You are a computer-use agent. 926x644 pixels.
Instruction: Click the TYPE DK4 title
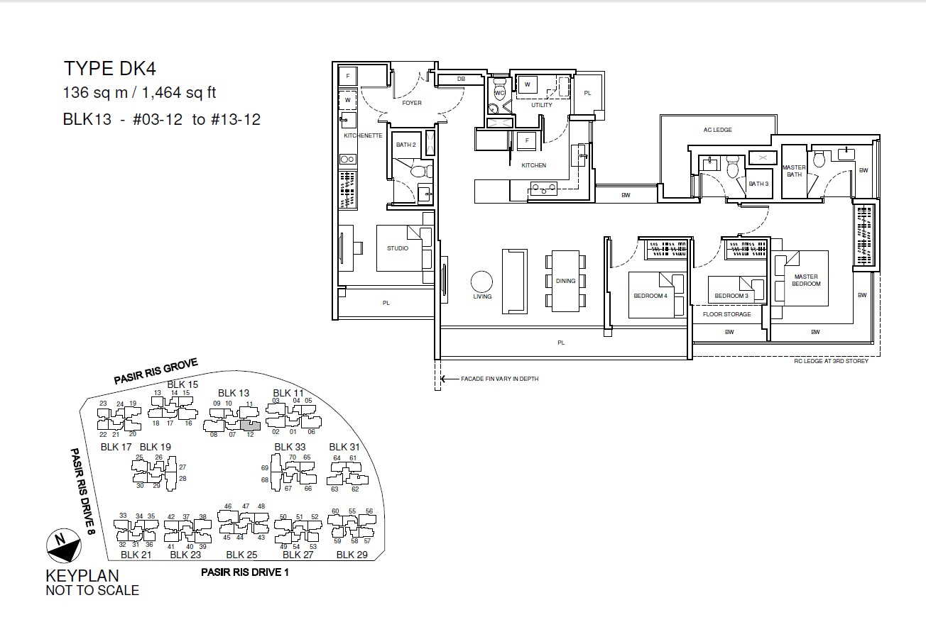(x=110, y=69)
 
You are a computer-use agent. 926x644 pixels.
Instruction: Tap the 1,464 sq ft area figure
(x=179, y=92)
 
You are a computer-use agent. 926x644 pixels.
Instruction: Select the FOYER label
(x=412, y=103)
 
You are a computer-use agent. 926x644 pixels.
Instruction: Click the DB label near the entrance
(x=461, y=79)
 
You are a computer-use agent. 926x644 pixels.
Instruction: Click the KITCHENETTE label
(x=363, y=135)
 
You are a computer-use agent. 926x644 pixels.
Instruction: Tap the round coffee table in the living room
(x=481, y=282)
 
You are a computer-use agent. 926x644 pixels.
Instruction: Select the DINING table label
(x=565, y=281)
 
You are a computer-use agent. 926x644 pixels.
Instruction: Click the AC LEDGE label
(x=718, y=130)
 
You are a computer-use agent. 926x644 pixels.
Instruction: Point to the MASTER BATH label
(x=794, y=171)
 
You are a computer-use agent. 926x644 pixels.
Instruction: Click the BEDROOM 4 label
(x=650, y=296)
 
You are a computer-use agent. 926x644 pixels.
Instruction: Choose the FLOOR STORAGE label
(x=726, y=314)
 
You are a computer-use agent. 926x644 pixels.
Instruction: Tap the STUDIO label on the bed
(x=398, y=248)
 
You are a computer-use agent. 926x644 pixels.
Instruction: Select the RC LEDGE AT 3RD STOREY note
(x=831, y=361)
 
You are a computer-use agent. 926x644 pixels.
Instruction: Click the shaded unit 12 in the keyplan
(x=251, y=426)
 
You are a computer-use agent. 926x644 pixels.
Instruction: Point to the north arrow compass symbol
(x=64, y=545)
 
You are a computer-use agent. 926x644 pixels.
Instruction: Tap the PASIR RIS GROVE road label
(x=156, y=371)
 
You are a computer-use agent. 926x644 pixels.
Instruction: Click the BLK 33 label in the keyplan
(x=290, y=447)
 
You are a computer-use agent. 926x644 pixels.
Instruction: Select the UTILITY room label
(x=542, y=105)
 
